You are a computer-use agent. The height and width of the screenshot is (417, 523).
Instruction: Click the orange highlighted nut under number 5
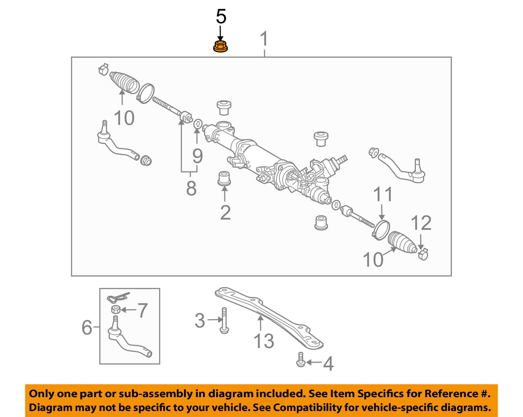pos(220,46)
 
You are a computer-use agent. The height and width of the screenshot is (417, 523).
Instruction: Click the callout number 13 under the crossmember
pos(264,341)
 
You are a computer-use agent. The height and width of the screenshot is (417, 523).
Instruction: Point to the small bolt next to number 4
pos(301,360)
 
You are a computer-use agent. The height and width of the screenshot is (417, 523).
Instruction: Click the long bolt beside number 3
pos(224,321)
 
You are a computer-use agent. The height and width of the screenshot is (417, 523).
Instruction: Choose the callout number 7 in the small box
pos(142,310)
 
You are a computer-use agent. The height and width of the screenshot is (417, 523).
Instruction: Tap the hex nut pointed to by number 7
pos(116,310)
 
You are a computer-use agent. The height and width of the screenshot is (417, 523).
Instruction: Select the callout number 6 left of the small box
pos(87,327)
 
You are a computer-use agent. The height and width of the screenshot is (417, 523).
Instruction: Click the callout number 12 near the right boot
pos(421,223)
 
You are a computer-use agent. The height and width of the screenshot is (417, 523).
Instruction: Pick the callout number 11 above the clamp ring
pos(383,194)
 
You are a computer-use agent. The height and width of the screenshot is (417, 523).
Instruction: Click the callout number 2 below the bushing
pos(225,213)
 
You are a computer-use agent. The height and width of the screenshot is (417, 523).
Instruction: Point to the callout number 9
pos(197,156)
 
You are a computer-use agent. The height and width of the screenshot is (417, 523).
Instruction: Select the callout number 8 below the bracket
pos(191,188)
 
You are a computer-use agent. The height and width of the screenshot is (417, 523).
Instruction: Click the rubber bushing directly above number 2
pos(224,178)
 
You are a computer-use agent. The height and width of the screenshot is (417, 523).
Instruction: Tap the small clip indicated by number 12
pos(423,254)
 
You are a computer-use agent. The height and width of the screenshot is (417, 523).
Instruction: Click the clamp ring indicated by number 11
pos(381,230)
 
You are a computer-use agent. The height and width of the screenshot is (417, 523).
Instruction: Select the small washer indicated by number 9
pos(198,124)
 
